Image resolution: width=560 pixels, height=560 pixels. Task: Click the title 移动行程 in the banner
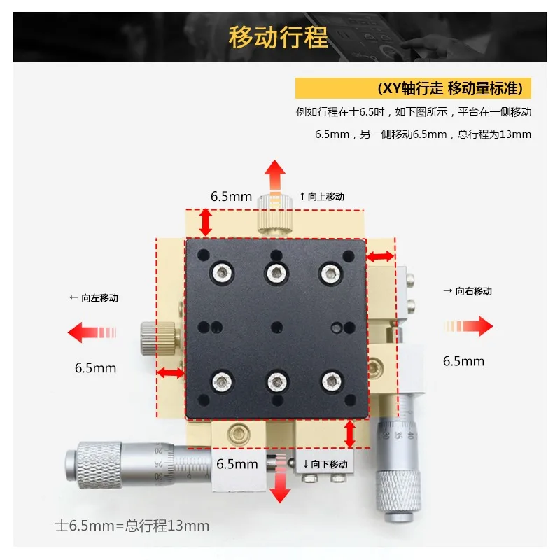278,37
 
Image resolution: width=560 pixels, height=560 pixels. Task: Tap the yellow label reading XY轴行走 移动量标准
413,88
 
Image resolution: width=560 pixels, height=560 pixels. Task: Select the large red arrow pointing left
92,332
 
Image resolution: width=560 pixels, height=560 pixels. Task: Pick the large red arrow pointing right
468,326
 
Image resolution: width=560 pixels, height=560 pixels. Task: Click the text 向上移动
322,197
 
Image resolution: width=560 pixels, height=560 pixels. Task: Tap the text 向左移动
94,298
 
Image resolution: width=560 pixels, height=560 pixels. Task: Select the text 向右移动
468,291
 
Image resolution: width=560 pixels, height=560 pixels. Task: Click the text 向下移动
325,464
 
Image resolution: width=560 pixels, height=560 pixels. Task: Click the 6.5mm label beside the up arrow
231,197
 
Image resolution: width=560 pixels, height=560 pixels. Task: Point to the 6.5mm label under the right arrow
463,361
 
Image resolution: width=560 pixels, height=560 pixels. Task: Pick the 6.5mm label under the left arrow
95,368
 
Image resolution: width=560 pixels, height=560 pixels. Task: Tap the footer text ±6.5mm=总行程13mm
132,526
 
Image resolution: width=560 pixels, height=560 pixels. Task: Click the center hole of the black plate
276,328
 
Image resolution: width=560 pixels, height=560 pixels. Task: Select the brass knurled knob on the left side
158,338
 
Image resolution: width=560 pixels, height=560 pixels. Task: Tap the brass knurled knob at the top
274,213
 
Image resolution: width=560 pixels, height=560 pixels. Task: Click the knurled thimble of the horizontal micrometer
94,465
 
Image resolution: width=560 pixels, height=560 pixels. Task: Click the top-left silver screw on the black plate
223,273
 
